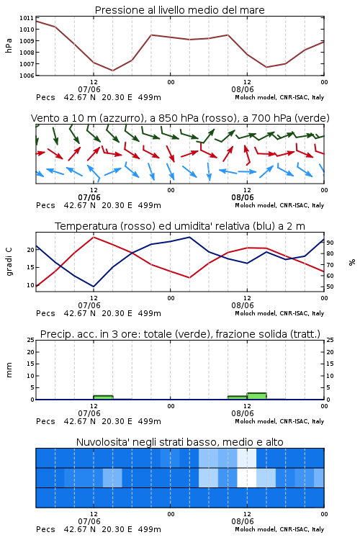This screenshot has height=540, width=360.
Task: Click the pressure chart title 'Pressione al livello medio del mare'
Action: tap(179, 10)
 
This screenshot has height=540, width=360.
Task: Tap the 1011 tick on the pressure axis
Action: tap(27, 18)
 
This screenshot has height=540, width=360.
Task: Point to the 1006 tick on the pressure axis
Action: tap(27, 76)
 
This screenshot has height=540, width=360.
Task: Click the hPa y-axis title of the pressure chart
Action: tap(9, 45)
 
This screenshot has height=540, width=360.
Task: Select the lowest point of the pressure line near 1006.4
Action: tap(112, 71)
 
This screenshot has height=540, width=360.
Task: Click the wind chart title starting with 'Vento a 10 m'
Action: tap(180, 118)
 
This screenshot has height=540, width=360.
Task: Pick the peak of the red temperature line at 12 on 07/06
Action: tap(94, 237)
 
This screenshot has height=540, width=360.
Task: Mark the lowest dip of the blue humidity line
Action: tap(94, 287)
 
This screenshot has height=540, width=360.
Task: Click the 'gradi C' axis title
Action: tap(9, 262)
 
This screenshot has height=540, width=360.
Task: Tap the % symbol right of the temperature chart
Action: tap(352, 262)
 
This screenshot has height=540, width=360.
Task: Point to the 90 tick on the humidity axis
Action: tap(330, 243)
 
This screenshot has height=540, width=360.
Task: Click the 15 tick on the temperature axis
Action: tap(30, 267)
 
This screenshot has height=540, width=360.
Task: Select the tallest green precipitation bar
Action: tap(256, 396)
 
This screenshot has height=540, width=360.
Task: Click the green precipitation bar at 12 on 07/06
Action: tap(104, 397)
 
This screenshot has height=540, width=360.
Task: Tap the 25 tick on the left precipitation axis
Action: tap(30, 340)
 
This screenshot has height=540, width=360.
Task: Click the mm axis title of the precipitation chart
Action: tap(9, 370)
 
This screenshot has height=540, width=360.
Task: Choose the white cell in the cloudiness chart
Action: tap(247, 477)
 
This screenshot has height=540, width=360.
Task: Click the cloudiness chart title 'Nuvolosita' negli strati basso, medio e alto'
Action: tap(179, 442)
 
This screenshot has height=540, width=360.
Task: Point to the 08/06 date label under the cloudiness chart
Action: tap(243, 521)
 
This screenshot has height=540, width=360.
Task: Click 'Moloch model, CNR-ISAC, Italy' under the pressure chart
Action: tap(279, 97)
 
